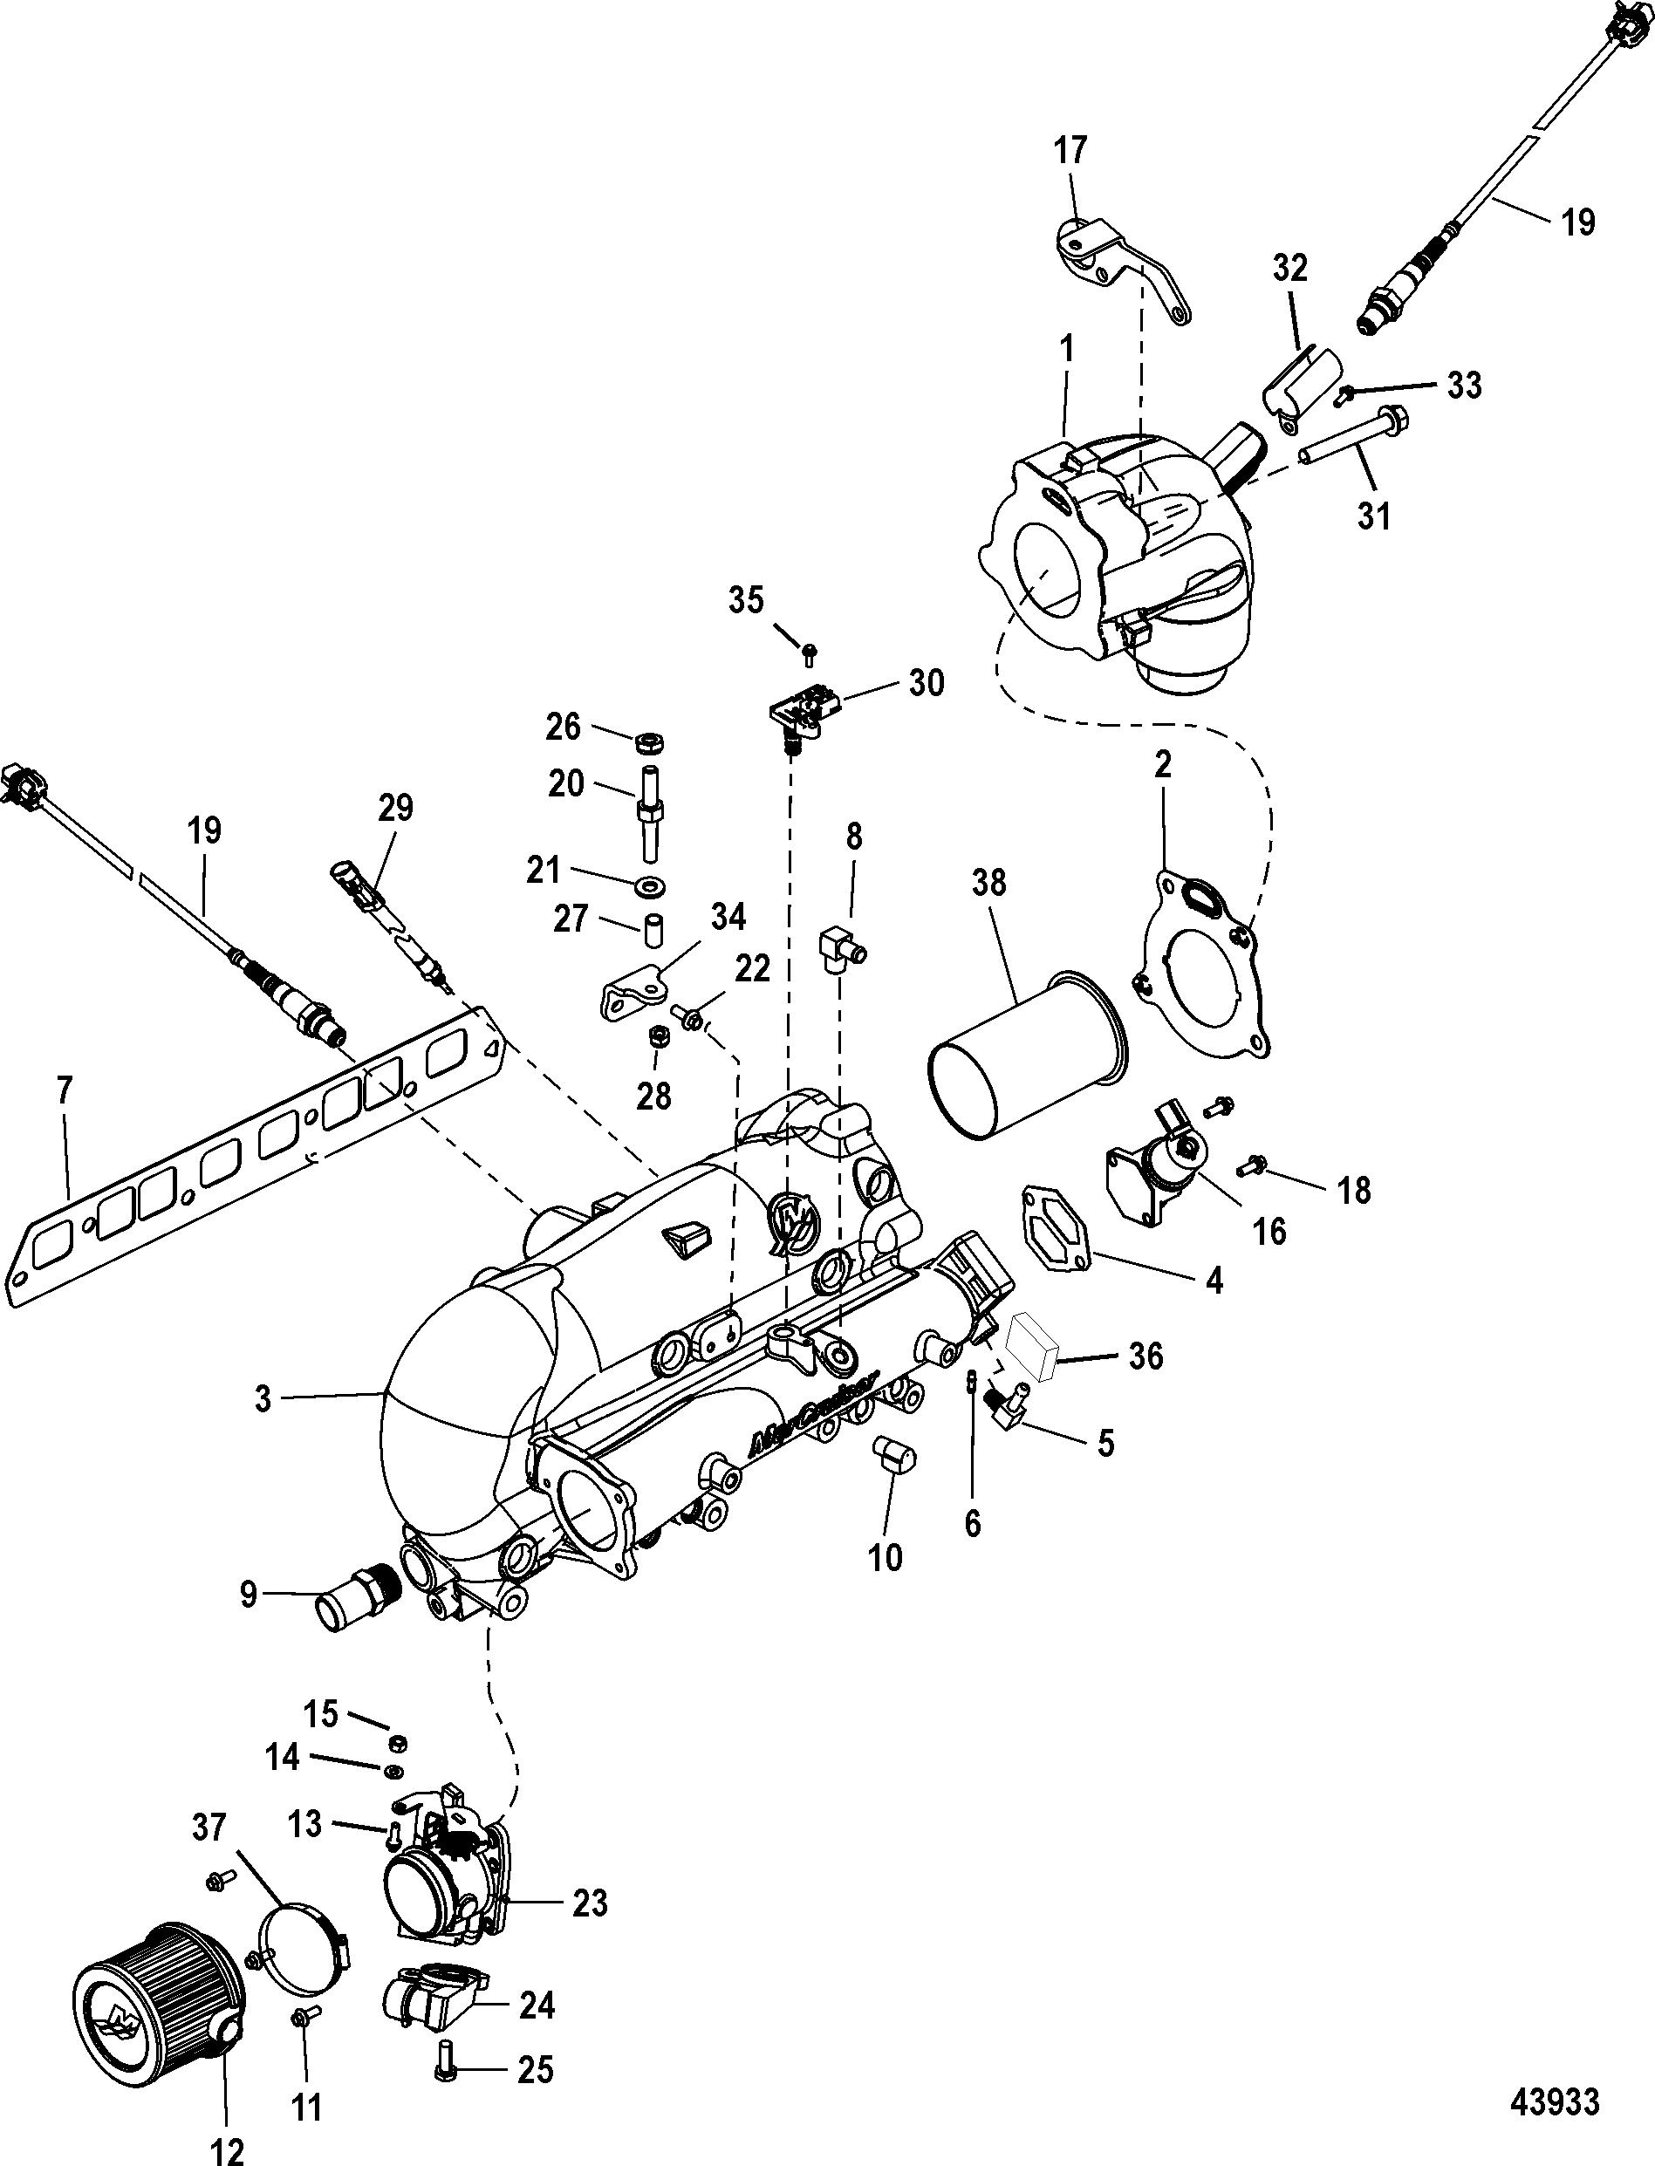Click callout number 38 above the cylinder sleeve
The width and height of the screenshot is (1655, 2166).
[x=989, y=884]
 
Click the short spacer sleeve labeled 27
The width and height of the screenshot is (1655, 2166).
[x=653, y=930]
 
